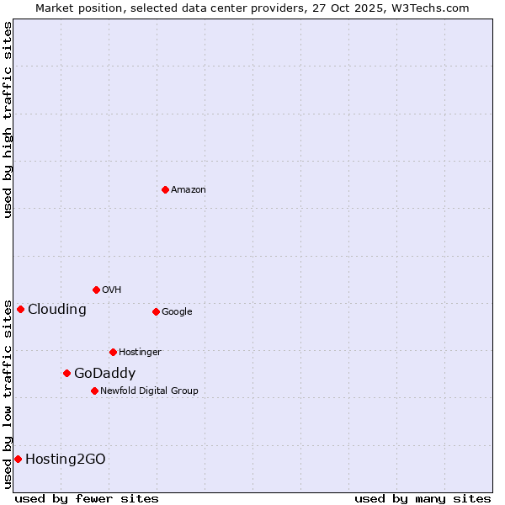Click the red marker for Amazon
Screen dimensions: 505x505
point(165,189)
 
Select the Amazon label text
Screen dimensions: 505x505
point(189,190)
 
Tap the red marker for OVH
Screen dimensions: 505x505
point(96,290)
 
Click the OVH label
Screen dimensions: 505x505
point(112,290)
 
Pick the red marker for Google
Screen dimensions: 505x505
point(156,311)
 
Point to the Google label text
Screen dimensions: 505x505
point(177,312)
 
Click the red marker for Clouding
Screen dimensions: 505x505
point(20,309)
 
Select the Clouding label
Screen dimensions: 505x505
point(57,310)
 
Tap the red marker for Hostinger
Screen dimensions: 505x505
point(113,352)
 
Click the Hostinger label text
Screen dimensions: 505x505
point(140,353)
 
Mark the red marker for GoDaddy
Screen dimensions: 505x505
point(66,373)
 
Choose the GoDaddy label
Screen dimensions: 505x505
point(104,374)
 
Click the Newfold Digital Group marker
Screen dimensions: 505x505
point(94,391)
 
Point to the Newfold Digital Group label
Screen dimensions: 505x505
point(149,391)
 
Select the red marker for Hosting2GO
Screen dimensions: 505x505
point(18,459)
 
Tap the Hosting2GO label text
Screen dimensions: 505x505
point(66,460)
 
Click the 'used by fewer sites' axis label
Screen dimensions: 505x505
point(87,499)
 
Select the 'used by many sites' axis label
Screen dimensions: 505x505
point(423,499)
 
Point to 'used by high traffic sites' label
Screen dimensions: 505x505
point(8,120)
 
